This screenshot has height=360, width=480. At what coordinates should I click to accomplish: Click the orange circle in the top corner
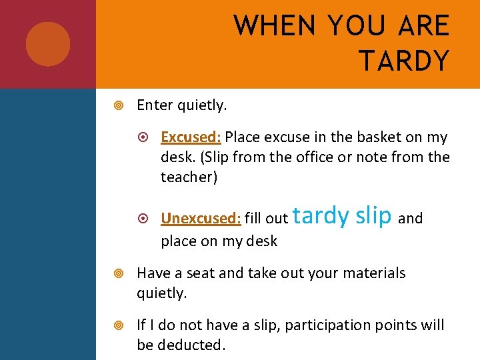pyautogui.click(x=48, y=44)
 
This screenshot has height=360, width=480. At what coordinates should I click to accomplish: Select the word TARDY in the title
pyautogui.click(x=404, y=61)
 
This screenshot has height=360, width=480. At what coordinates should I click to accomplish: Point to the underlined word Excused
pyautogui.click(x=189, y=137)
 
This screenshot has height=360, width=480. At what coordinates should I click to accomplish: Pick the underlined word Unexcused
pyautogui.click(x=199, y=218)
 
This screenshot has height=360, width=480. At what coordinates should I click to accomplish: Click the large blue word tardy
pyautogui.click(x=321, y=215)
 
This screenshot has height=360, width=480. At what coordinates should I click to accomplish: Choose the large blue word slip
pyautogui.click(x=373, y=215)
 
